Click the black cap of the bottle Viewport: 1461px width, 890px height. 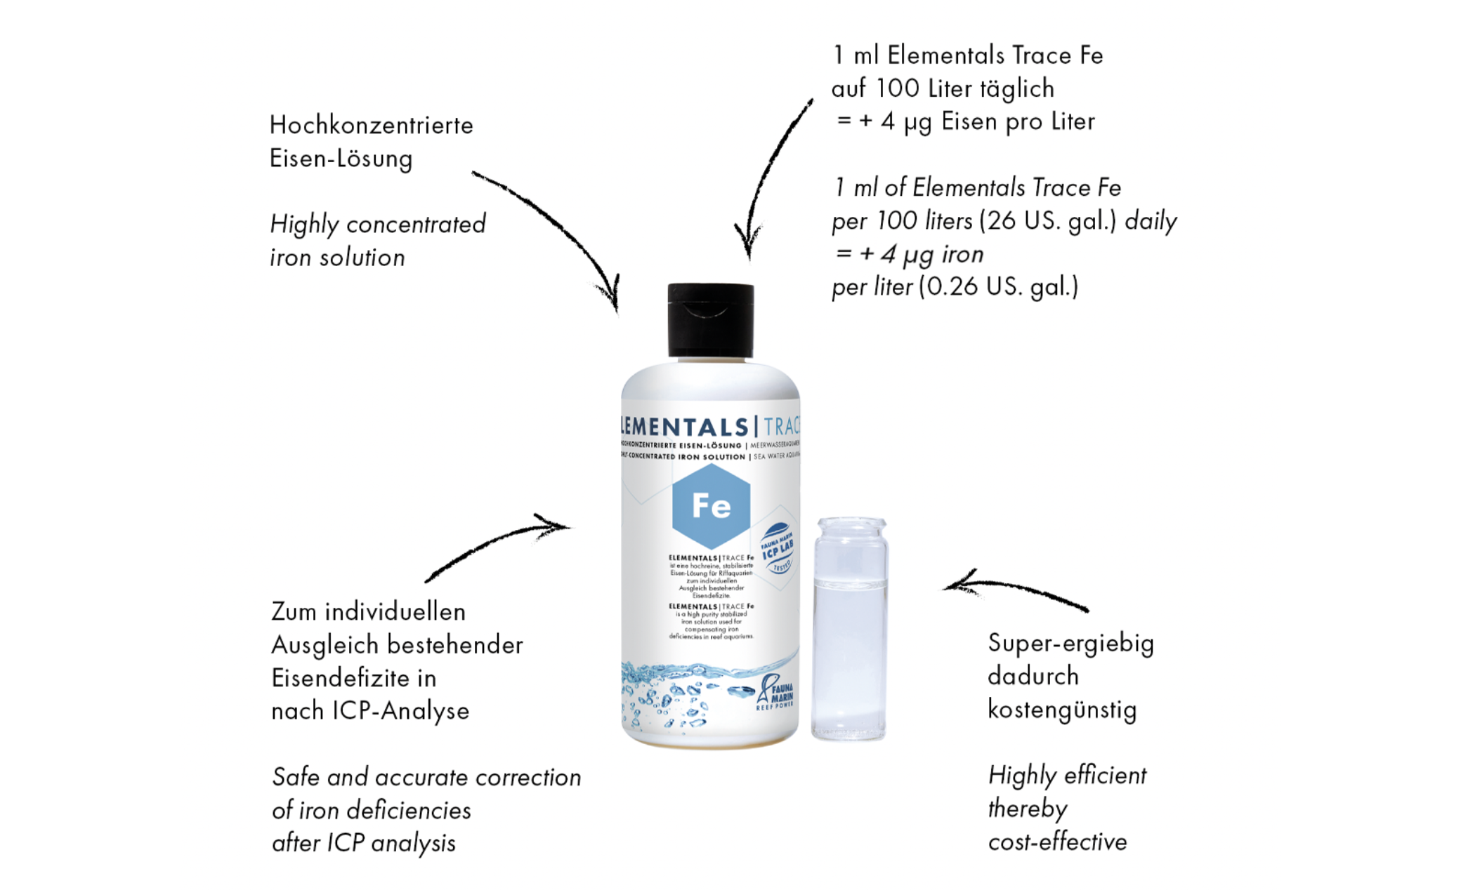pyautogui.click(x=710, y=320)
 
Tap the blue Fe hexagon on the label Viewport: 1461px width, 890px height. pyautogui.click(x=711, y=505)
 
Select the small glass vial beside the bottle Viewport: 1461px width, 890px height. pyautogui.click(x=849, y=628)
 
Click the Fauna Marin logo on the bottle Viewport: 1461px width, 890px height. pyautogui.click(x=775, y=692)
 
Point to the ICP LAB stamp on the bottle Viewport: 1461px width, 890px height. pyautogui.click(x=777, y=548)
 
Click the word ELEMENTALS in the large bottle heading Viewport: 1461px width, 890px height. pyautogui.click(x=685, y=427)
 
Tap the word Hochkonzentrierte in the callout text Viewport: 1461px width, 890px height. pyautogui.click(x=371, y=126)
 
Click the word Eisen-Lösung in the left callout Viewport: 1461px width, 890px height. pyautogui.click(x=341, y=159)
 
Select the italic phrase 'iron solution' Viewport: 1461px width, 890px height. pyautogui.click(x=337, y=258)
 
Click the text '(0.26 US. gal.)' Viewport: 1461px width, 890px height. pyautogui.click(x=998, y=286)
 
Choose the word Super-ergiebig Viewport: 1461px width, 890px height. pyautogui.click(x=1070, y=644)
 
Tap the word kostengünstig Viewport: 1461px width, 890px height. pyautogui.click(x=1061, y=710)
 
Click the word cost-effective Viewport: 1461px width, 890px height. pyautogui.click(x=1057, y=842)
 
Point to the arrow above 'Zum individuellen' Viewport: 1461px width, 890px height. pyautogui.click(x=496, y=548)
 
